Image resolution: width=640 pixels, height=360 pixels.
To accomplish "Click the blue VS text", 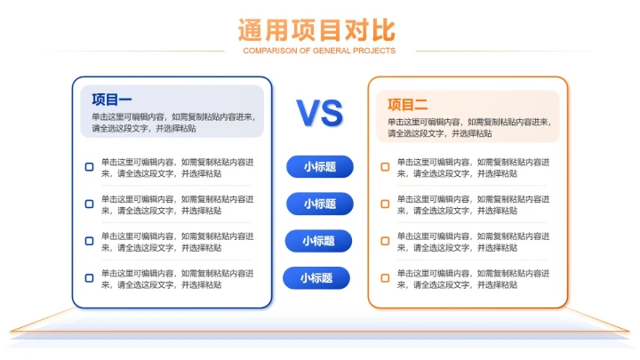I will click(319, 113).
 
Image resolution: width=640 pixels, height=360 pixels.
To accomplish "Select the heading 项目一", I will click(112, 100).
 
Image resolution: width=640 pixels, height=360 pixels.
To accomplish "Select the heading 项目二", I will click(408, 105).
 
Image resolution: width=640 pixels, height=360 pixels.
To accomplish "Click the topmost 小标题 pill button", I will click(319, 166).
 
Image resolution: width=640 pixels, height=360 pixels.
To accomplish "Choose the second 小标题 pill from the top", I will click(319, 204).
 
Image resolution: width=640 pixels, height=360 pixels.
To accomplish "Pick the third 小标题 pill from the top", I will click(317, 241).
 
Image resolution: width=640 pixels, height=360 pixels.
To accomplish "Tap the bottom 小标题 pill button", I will click(316, 278).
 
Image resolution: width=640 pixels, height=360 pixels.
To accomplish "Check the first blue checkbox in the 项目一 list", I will click(89, 167).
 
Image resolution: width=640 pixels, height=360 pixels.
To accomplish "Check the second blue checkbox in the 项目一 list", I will click(89, 204).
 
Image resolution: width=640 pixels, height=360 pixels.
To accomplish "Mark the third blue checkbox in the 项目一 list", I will click(89, 241).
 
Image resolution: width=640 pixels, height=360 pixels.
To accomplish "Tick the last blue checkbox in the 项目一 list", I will click(89, 278).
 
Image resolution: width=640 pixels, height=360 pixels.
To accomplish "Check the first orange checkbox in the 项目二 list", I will click(385, 167).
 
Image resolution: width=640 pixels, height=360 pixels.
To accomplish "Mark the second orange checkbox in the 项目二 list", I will click(385, 204).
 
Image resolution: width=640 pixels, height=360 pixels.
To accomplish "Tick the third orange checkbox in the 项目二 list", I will click(385, 241).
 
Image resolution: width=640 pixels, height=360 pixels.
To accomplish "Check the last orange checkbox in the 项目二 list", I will click(385, 278).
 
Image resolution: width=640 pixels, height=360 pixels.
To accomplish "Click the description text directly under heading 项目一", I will click(172, 123).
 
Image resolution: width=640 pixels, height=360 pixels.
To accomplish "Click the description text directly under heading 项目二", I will click(468, 127).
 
